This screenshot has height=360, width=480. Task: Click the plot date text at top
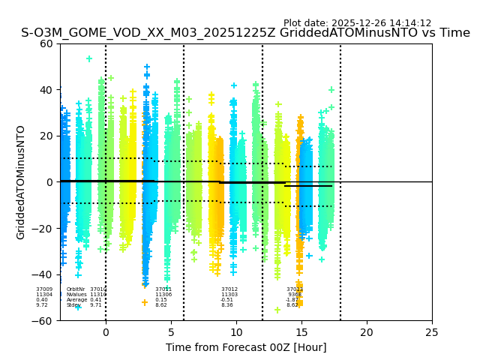pyautogui.click(x=357, y=23)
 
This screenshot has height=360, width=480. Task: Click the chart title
pyautogui.click(x=245, y=33)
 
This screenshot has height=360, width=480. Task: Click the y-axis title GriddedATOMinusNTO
pyautogui.click(x=21, y=182)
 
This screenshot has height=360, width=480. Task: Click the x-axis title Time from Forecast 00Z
pyautogui.click(x=246, y=347)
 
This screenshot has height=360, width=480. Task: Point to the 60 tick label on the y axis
pyautogui.click(x=46, y=43)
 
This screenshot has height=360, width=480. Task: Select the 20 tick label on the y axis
pyautogui.click(x=46, y=136)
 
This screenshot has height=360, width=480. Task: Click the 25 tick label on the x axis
pyautogui.click(x=432, y=332)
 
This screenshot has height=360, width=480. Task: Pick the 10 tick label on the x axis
pyautogui.click(x=236, y=332)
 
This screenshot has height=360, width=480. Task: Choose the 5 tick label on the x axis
pyautogui.click(x=171, y=332)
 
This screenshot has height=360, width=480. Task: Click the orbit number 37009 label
pyautogui.click(x=44, y=289)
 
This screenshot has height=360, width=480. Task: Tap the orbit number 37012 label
pyautogui.click(x=229, y=289)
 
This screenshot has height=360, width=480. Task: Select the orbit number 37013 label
pyautogui.click(x=295, y=289)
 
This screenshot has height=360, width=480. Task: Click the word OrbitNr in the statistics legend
pyautogui.click(x=76, y=289)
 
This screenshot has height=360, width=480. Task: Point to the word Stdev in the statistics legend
pyautogui.click(x=73, y=305)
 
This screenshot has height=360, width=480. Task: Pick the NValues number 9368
pyautogui.click(x=295, y=295)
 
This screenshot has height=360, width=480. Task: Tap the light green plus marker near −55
pyautogui.click(x=277, y=309)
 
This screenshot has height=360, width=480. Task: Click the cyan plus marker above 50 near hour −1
pyautogui.click(x=89, y=58)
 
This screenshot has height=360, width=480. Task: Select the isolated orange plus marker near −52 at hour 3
pyautogui.click(x=145, y=303)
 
